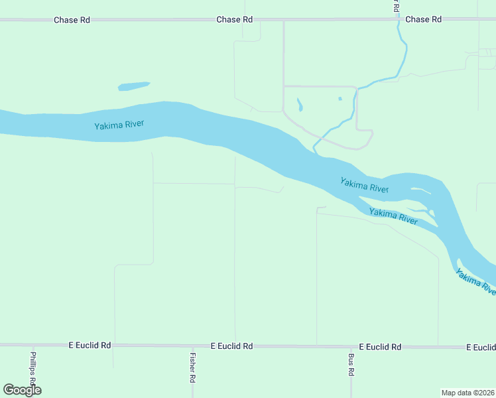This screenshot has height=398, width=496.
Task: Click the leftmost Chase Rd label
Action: point(72,20)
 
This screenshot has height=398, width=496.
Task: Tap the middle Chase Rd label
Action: point(234,20)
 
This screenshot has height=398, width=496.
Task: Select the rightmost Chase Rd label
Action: point(423,20)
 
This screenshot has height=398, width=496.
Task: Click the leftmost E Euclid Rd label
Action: point(90,346)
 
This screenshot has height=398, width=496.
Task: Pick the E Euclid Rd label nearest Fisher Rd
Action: point(232,346)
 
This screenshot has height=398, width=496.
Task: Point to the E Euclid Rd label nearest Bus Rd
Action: point(380,347)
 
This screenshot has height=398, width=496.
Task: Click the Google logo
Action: point(22,390)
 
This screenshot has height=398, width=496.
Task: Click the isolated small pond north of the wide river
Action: point(133,86)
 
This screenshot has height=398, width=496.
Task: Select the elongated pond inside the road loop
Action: point(300,105)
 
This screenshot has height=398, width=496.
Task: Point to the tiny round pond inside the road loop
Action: point(340,99)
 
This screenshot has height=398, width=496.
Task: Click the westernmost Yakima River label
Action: point(119,125)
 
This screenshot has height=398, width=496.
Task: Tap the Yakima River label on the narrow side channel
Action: point(393,216)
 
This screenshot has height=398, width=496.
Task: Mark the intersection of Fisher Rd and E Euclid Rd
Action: point(192,346)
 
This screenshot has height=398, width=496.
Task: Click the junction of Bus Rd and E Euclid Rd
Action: point(351,346)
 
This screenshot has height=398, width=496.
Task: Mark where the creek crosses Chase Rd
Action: point(399,20)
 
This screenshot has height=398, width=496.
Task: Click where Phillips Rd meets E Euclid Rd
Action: point(32,346)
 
